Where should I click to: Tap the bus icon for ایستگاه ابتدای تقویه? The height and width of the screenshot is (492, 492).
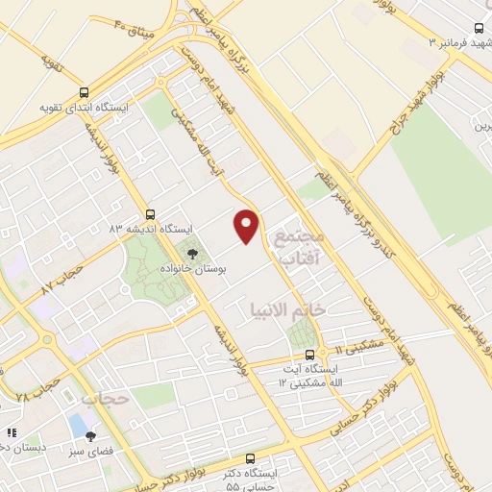(x=86, y=92)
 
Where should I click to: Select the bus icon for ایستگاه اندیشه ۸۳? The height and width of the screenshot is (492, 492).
(x=149, y=214)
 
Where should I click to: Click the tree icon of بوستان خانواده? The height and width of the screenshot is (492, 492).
(x=193, y=255)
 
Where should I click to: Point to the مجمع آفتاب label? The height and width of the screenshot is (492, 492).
(x=300, y=246)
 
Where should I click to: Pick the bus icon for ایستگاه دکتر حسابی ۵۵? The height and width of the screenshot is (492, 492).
(x=252, y=458)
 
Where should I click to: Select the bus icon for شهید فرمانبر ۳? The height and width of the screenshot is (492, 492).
(x=480, y=29)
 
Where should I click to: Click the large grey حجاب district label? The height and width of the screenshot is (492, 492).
(x=104, y=397)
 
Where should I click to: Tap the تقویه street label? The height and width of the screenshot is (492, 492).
(x=48, y=63)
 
